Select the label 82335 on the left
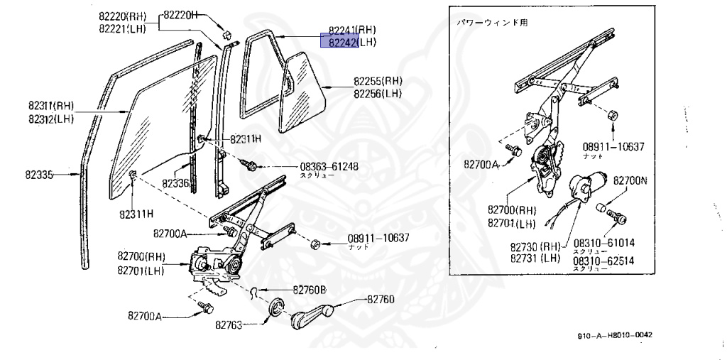point(44,173)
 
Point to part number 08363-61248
point(329,168)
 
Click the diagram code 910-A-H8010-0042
point(614,335)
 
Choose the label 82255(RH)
point(378,81)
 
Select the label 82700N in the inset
point(630,181)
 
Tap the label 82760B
point(310,290)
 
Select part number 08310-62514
point(603,261)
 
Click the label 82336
point(175,183)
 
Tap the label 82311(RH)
point(51,107)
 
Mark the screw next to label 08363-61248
point(251,165)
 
